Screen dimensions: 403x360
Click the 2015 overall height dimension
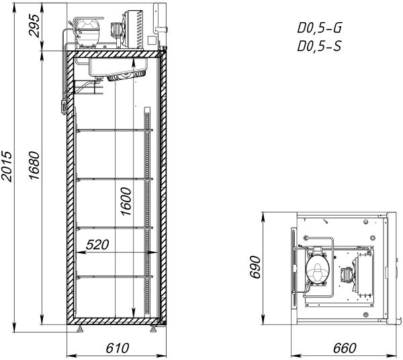point(7,167)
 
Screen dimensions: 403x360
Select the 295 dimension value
point(34,26)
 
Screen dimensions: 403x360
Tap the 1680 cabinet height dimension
point(34,165)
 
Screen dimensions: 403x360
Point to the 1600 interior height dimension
point(126,201)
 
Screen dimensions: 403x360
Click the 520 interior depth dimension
point(97,244)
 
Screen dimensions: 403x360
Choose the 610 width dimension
point(117,348)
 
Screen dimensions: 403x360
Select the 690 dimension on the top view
point(255,267)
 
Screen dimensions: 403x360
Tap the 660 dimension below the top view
point(345,348)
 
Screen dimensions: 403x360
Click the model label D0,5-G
point(320,28)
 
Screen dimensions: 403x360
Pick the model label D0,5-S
point(320,46)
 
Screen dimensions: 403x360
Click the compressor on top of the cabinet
point(87,32)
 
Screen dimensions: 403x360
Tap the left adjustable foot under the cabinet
point(80,329)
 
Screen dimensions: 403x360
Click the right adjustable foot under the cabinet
point(154,329)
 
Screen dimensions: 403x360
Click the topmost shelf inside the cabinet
point(115,130)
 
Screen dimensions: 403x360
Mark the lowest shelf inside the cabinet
point(115,277)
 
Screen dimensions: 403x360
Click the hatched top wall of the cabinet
point(116,54)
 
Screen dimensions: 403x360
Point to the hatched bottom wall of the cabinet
point(116,321)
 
